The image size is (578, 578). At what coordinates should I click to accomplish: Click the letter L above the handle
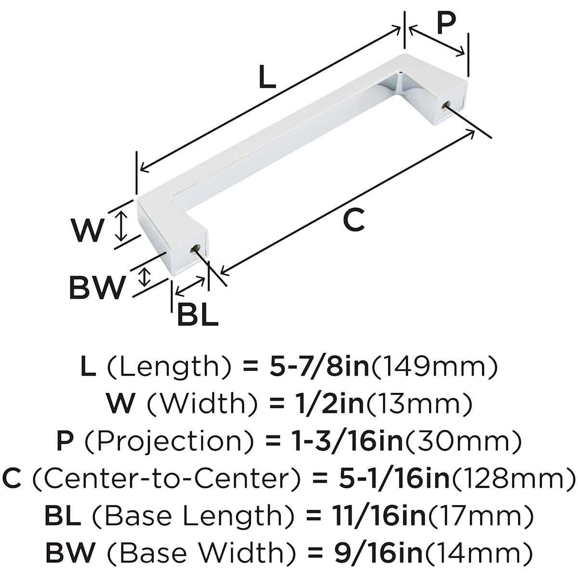(267, 77)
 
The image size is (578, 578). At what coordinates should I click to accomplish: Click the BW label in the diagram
(97, 288)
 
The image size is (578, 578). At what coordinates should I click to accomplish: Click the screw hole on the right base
(446, 105)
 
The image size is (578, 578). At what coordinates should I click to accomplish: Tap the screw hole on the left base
(196, 249)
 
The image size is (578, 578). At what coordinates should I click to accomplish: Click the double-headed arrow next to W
(121, 226)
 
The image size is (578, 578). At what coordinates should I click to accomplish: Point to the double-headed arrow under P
(437, 41)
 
